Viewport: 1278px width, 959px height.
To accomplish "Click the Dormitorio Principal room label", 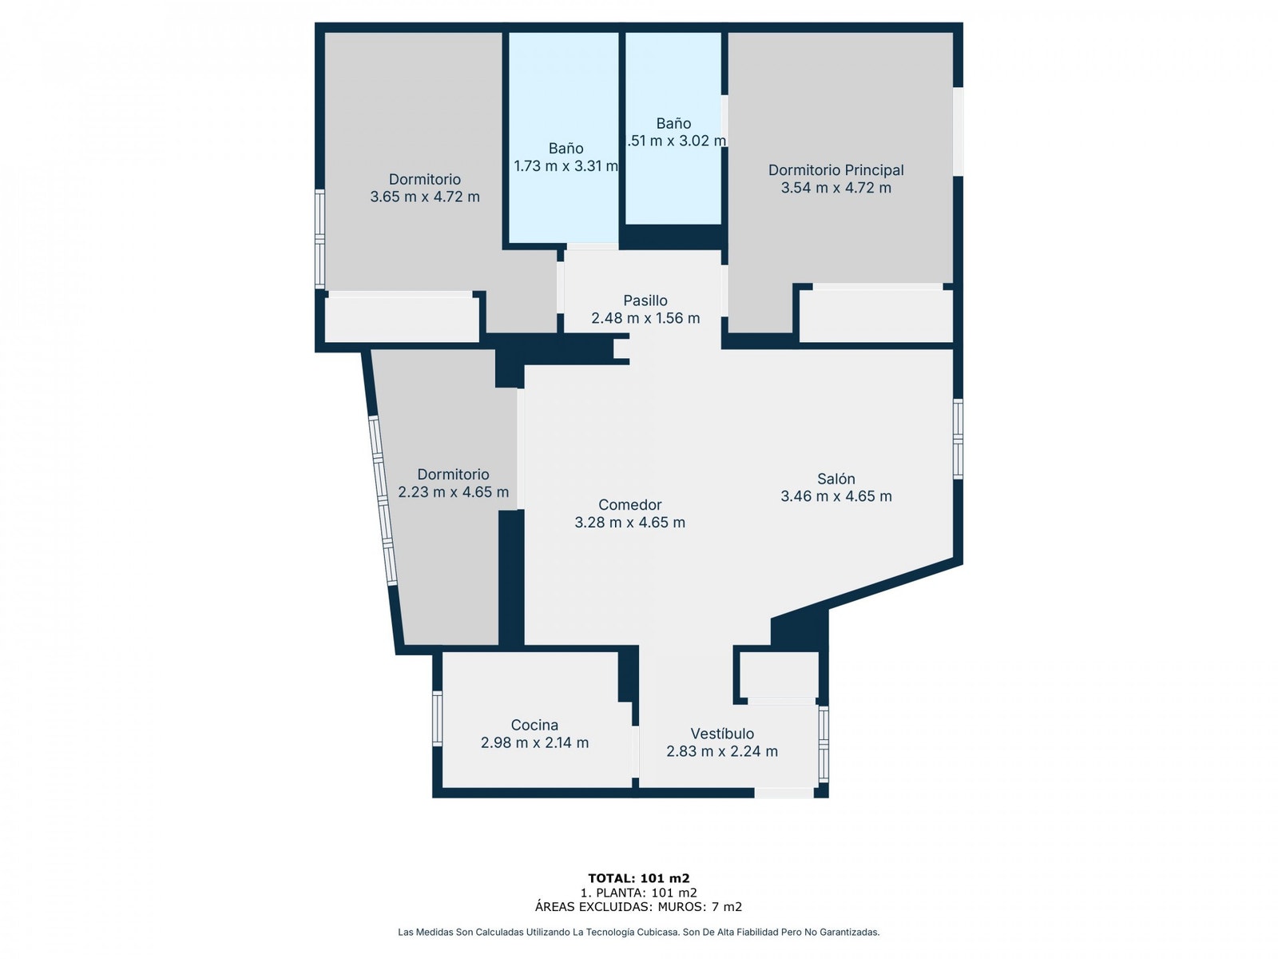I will [835, 170].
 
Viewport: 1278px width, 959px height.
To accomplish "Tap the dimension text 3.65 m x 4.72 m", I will [424, 197].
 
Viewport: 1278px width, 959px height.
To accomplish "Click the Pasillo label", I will [645, 300].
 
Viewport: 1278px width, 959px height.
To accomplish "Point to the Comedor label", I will [629, 505].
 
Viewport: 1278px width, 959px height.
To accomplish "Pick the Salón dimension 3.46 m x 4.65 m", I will [835, 496].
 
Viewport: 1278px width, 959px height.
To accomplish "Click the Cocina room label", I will [534, 725].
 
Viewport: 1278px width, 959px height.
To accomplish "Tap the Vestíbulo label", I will [722, 734].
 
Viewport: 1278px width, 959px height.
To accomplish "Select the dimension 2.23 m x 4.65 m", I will [453, 492].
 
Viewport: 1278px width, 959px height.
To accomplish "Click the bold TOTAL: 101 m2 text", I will [638, 878].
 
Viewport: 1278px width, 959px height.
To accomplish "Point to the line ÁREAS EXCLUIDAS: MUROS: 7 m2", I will [638, 906].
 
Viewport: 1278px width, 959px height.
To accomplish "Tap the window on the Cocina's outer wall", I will [437, 718].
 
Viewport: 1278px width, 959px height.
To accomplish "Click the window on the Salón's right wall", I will [958, 439].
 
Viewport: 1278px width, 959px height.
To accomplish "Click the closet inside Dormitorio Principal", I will [876, 316].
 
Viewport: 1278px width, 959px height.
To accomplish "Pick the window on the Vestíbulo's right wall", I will [824, 743].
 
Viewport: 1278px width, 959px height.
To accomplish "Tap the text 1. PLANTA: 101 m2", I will [638, 893].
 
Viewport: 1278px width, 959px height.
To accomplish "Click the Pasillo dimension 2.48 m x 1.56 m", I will [645, 318].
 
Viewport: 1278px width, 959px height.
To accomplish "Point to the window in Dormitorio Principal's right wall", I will [958, 131].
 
